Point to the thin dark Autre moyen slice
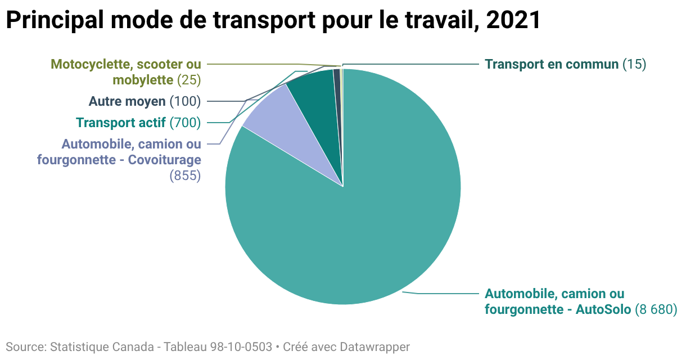tap(337, 92)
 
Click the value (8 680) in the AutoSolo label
tap(656, 309)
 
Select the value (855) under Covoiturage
tap(185, 175)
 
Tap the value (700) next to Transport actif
tap(185, 123)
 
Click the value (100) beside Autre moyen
tap(185, 101)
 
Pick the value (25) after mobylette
tap(189, 80)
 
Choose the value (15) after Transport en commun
tap(634, 64)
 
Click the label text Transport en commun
tap(552, 64)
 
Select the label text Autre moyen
tap(127, 101)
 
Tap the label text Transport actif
tap(121, 123)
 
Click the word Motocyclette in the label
tap(91, 64)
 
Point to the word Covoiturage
tap(164, 160)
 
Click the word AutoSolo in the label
tap(603, 309)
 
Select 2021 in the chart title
tap(513, 20)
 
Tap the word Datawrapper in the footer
tap(374, 347)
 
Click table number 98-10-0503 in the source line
tap(241, 347)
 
